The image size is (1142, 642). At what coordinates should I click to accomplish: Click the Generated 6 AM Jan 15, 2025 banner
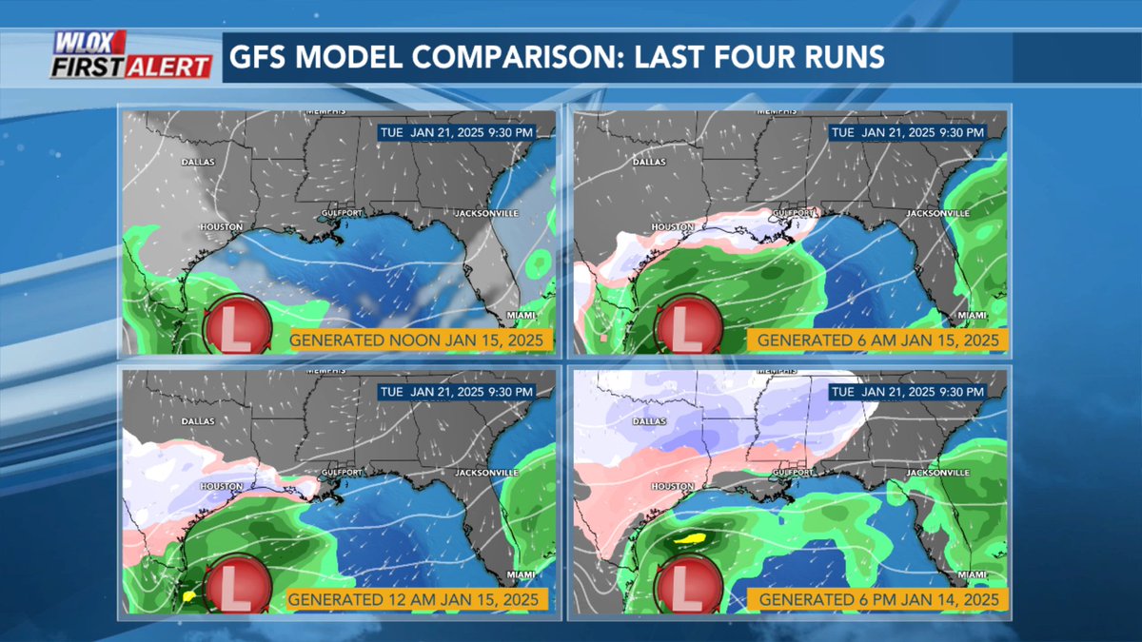pyautogui.click(x=875, y=340)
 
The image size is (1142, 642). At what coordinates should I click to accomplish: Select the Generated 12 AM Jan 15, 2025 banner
pyautogui.click(x=416, y=599)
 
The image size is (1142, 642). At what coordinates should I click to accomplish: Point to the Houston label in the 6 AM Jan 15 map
pyautogui.click(x=672, y=227)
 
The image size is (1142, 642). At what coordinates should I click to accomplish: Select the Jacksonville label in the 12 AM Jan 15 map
pyautogui.click(x=485, y=472)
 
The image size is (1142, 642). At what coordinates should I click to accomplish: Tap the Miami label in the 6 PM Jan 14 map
pyautogui.click(x=972, y=574)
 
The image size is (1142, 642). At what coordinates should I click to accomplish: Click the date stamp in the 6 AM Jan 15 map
pyautogui.click(x=908, y=132)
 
